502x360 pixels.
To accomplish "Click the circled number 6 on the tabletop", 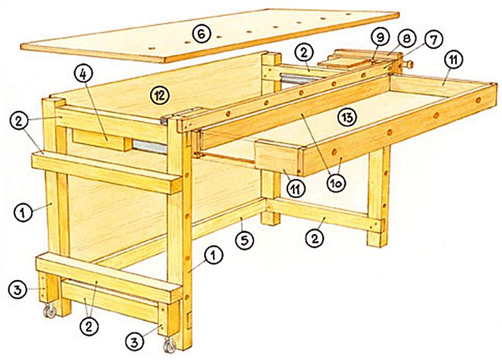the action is point(202,34).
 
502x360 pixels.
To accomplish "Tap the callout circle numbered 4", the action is point(83,74).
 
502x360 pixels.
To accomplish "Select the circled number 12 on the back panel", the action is point(160,95).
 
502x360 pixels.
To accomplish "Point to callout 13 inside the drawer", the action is point(348,117).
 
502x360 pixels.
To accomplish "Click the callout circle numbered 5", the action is point(244,240).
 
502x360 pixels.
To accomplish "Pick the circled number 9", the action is point(380,38).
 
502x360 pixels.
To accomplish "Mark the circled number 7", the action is point(433,40).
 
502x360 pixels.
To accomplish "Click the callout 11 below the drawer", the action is point(295,188).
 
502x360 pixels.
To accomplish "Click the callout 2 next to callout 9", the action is point(304,53).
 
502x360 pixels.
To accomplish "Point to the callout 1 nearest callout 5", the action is point(214,256).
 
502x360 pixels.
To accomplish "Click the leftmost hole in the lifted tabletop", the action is point(152,49).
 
